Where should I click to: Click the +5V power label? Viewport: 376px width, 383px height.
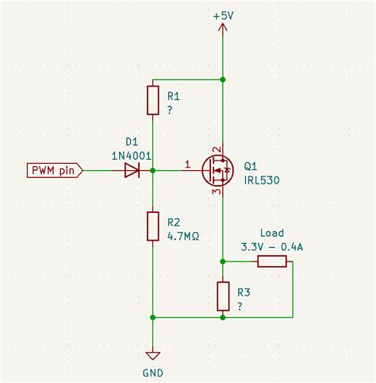pyautogui.click(x=223, y=15)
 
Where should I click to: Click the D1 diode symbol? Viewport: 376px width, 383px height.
pyautogui.click(x=133, y=170)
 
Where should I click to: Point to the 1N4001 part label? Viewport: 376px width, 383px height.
pyautogui.click(x=132, y=157)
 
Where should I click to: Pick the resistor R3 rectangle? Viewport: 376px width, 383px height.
pyautogui.click(x=223, y=296)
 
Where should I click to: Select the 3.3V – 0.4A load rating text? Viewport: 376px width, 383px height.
pyautogui.click(x=271, y=246)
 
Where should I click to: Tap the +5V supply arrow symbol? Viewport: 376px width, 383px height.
pyautogui.click(x=223, y=30)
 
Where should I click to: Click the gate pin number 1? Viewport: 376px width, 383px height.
pyautogui.click(x=188, y=164)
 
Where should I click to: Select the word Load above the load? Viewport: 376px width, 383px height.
pyautogui.click(x=271, y=234)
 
